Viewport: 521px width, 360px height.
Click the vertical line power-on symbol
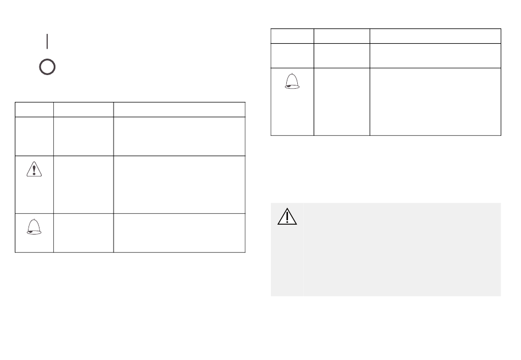[x=48, y=41]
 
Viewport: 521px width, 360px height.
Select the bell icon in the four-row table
[x=34, y=226]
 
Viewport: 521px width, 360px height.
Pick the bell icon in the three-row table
[x=292, y=82]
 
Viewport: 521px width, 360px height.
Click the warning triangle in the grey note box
[x=286, y=217]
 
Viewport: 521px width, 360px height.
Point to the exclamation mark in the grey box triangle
[x=286, y=219]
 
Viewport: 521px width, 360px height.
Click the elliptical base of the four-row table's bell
[x=34, y=232]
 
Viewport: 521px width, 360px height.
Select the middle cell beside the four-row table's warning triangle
[x=83, y=184]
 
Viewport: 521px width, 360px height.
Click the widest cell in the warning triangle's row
[x=179, y=184]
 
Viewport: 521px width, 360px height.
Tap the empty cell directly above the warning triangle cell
[x=34, y=136]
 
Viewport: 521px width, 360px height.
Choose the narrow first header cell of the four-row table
[x=34, y=108]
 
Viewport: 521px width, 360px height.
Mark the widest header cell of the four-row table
[x=179, y=108]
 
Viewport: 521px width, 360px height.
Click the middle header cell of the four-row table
[x=83, y=108]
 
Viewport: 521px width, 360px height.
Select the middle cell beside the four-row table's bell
[x=83, y=232]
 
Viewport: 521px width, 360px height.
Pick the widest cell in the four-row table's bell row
[x=179, y=232]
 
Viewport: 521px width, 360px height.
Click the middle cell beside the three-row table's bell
[x=342, y=101]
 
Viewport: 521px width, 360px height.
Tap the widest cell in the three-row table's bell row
[x=435, y=101]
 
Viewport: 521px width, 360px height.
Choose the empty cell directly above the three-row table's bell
[x=292, y=55]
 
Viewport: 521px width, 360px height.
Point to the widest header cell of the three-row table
[x=435, y=36]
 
